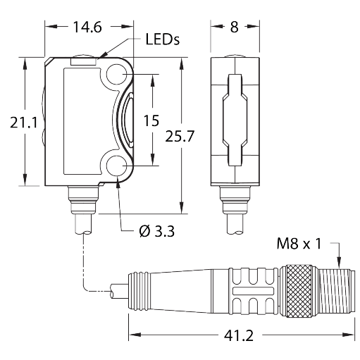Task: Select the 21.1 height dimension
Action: tap(23, 122)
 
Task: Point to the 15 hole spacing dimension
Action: tap(151, 120)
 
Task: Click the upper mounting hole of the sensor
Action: tap(117, 73)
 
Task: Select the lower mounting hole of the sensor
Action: tap(117, 166)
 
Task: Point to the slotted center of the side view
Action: tap(233, 120)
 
